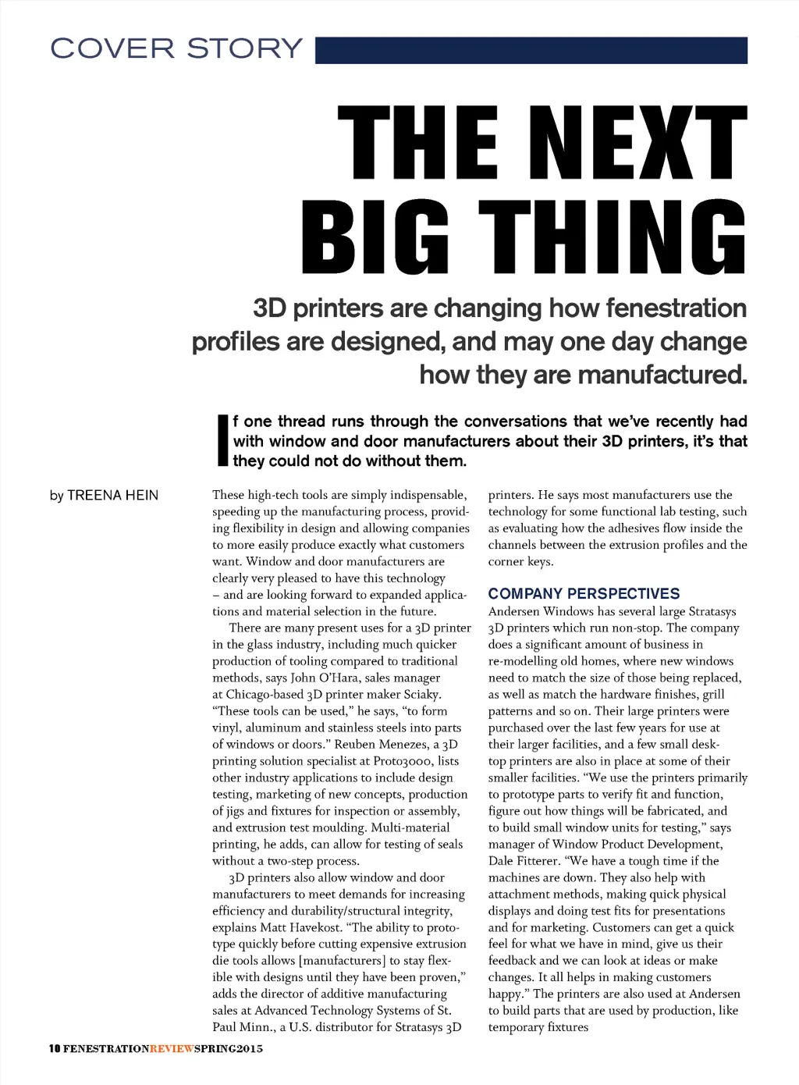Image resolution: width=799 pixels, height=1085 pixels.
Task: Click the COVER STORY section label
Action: pyautogui.click(x=176, y=48)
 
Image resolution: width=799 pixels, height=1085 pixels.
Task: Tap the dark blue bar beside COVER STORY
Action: pyautogui.click(x=531, y=50)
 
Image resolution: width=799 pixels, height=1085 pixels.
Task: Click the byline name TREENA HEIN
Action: pyautogui.click(x=112, y=495)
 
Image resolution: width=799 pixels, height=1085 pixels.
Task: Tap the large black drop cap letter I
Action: pyautogui.click(x=222, y=441)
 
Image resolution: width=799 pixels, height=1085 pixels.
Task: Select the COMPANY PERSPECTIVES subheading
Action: pyautogui.click(x=584, y=593)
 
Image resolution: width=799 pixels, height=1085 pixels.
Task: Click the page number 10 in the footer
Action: pyautogui.click(x=54, y=1048)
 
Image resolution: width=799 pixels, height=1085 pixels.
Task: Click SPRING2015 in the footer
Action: pyautogui.click(x=228, y=1048)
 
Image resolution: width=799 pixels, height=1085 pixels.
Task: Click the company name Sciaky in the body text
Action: pyautogui.click(x=421, y=694)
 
